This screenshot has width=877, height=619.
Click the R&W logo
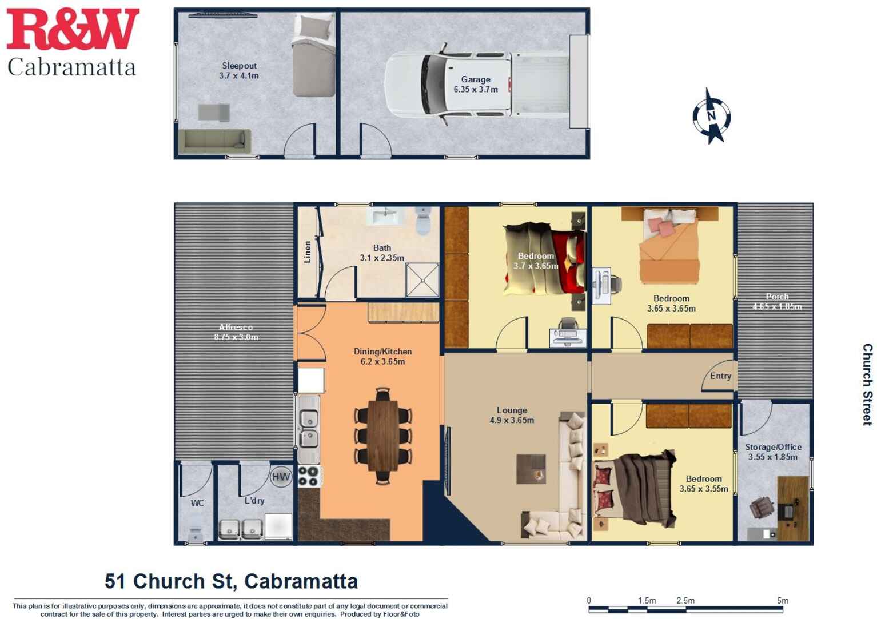[x=72, y=30]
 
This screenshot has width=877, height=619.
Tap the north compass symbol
[x=711, y=116]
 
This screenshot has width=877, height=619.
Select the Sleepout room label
[x=239, y=66]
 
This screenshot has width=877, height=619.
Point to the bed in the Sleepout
[x=313, y=55]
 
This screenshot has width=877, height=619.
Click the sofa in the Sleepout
[x=214, y=141]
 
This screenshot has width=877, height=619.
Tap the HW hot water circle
[x=281, y=477]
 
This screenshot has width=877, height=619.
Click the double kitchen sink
[x=309, y=429]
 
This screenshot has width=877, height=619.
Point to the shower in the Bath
[x=422, y=280]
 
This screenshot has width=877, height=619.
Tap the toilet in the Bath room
[x=423, y=221]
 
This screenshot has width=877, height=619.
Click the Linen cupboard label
[x=307, y=251]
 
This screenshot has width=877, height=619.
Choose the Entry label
[x=720, y=376]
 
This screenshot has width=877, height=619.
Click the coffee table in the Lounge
[x=531, y=469]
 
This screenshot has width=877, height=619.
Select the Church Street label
[x=867, y=384]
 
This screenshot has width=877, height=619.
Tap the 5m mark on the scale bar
[x=783, y=601]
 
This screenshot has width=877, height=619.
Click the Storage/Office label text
[x=773, y=447]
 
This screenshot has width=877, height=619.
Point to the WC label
[x=197, y=503]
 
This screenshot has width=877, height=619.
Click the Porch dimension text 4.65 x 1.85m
[x=777, y=307]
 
